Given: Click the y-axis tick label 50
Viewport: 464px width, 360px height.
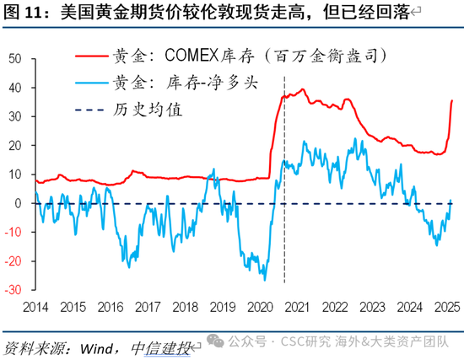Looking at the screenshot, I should [15, 59].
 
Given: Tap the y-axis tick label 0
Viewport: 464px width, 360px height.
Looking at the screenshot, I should [19, 203].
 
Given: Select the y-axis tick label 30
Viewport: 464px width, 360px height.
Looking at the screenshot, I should [15, 116].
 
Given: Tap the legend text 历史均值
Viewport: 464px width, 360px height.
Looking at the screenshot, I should [144, 110].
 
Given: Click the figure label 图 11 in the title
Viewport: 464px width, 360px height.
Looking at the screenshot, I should [23, 13].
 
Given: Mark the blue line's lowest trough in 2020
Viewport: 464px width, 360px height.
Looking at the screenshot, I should [265, 279].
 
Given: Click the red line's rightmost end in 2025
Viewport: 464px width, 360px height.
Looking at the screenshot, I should [451, 100].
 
